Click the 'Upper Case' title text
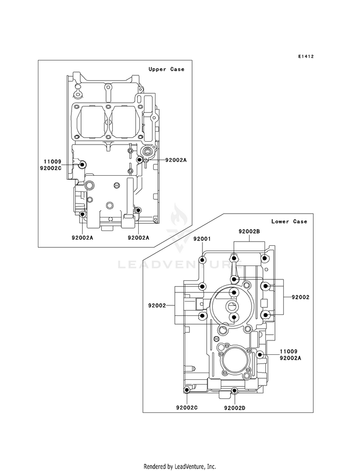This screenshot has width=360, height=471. (166, 70)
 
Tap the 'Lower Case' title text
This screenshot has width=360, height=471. (289, 221)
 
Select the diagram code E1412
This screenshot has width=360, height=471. (305, 57)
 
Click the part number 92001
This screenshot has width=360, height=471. (202, 239)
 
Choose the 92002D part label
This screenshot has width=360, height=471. (235, 408)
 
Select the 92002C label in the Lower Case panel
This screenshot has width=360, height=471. (187, 408)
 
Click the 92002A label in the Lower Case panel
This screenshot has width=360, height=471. (291, 358)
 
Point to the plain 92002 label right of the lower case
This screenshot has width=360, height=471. (300, 297)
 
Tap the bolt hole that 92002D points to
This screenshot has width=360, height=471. (234, 390)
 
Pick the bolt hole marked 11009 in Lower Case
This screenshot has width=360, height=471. (260, 355)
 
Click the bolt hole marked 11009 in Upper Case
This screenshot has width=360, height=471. (82, 165)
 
